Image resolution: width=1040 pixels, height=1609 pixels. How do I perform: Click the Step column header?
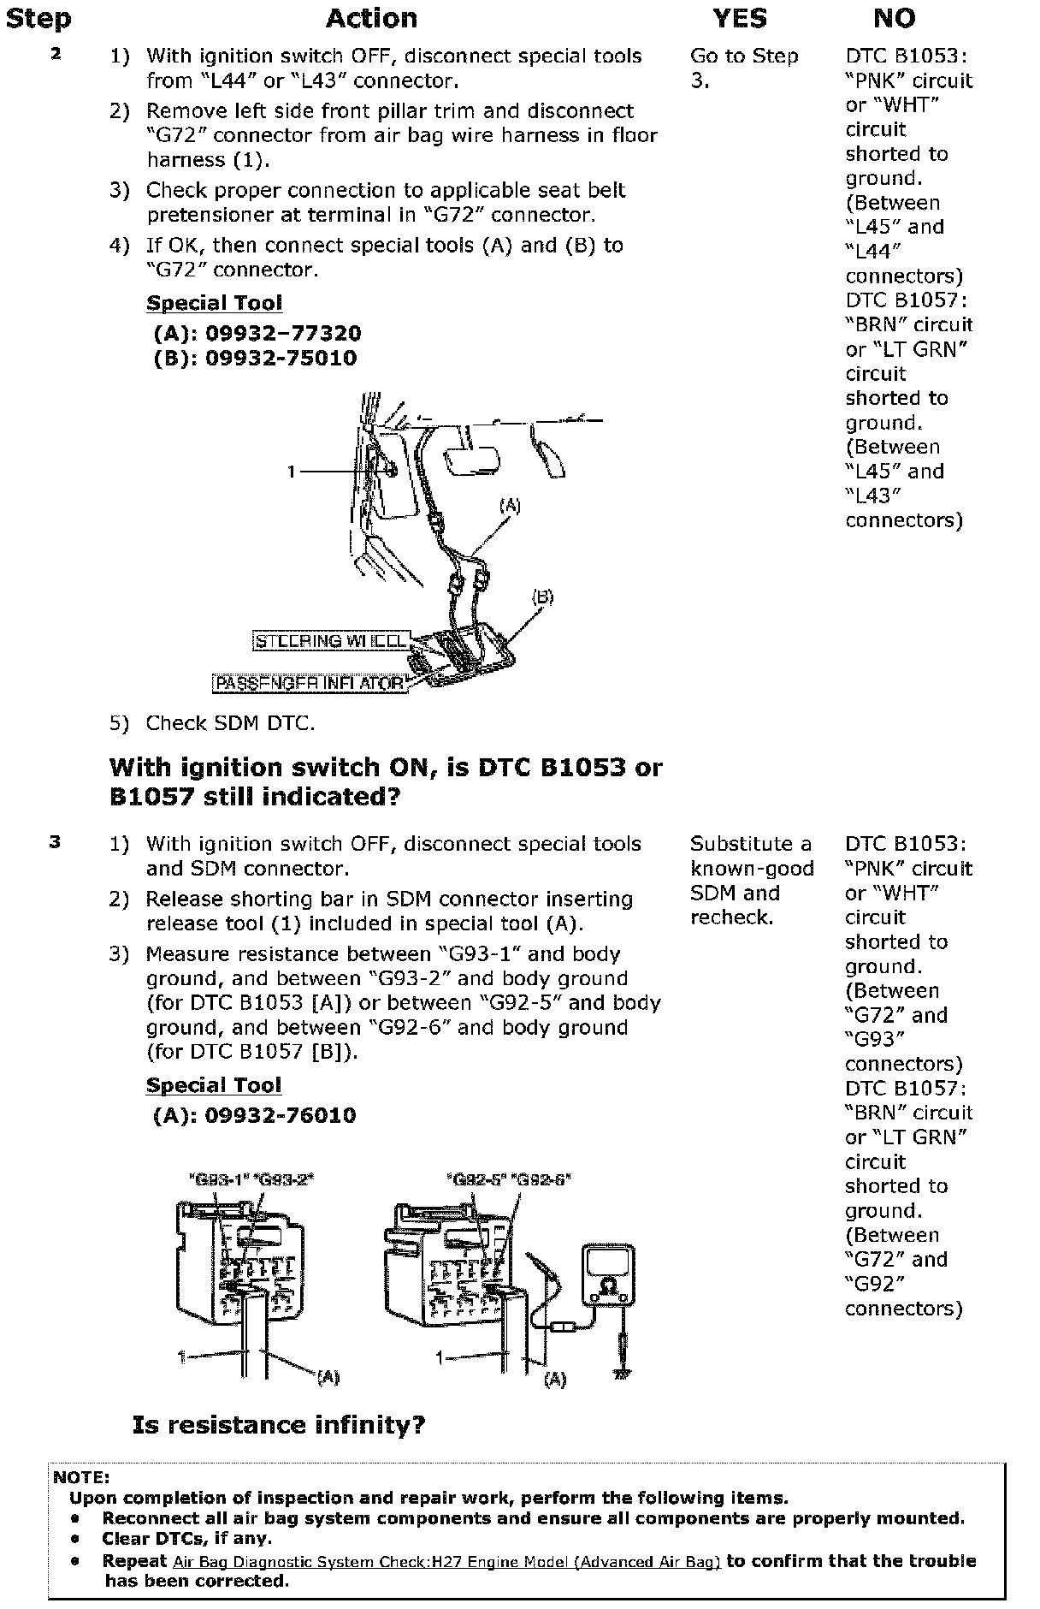(x=38, y=19)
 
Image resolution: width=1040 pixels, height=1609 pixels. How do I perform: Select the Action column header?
(x=371, y=19)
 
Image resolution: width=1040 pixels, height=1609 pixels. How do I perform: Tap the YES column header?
(x=740, y=19)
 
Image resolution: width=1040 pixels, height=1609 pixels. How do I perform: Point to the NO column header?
(x=894, y=19)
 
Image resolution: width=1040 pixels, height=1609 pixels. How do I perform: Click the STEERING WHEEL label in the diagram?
(x=331, y=641)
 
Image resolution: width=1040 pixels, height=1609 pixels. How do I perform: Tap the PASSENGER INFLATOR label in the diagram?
(x=310, y=684)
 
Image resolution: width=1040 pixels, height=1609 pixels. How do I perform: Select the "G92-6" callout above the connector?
(x=541, y=1179)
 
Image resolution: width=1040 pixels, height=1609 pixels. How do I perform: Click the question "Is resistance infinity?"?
(x=279, y=1425)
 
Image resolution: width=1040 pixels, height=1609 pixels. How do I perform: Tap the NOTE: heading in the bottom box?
(x=81, y=1477)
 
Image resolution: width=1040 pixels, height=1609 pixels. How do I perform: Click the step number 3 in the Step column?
(x=56, y=842)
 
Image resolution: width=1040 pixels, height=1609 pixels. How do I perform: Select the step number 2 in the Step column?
(x=56, y=54)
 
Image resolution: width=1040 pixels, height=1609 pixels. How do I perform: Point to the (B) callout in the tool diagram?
(x=542, y=597)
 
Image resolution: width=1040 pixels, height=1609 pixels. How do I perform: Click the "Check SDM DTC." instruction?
(x=230, y=723)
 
